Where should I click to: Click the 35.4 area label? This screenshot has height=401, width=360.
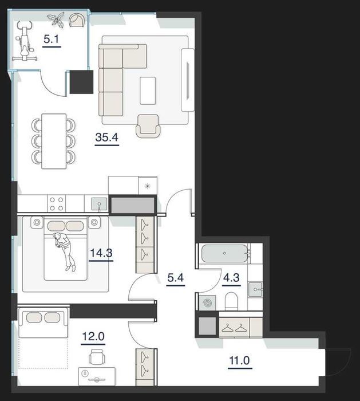107,137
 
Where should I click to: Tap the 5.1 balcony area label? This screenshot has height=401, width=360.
52,39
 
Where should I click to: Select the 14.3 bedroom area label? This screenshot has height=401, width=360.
101,253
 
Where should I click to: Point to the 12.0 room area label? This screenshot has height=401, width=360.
93,337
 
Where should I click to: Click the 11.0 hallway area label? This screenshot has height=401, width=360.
240,360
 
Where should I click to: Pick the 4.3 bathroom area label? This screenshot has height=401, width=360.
231,277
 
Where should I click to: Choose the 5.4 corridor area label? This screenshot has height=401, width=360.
176,278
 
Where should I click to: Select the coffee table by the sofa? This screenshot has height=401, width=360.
148,91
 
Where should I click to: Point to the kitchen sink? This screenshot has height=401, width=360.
99,204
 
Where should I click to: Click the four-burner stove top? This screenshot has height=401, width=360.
57,204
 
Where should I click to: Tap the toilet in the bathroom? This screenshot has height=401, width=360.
231,301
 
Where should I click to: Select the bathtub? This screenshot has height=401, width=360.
224,253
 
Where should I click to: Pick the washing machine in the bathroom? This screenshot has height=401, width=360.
207,303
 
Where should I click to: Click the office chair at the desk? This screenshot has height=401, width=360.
97,356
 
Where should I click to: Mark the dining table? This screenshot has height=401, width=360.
54,141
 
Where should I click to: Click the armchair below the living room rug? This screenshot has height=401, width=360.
148,126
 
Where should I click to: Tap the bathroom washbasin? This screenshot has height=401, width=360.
255,289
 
